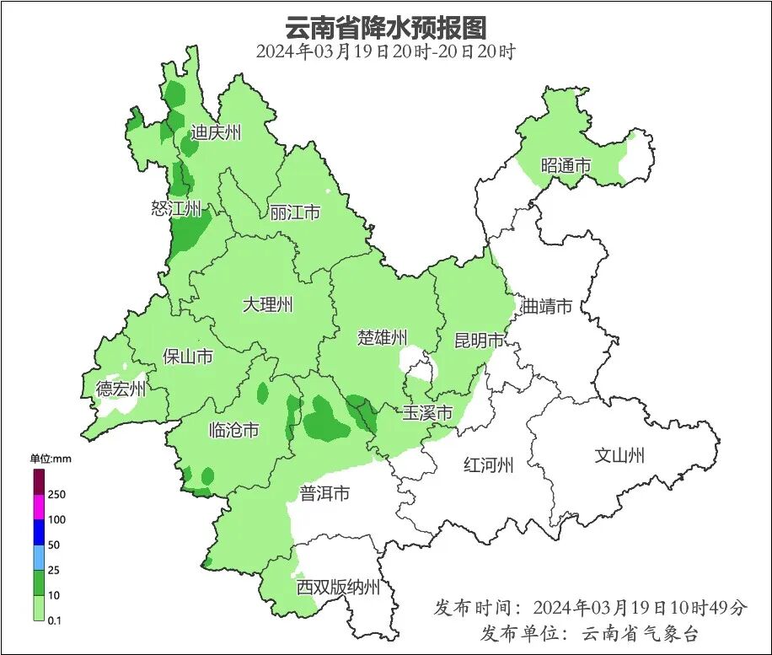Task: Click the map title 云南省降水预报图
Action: tap(386, 27)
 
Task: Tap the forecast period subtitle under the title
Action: tap(386, 51)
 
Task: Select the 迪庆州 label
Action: tap(216, 132)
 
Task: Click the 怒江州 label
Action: tap(176, 208)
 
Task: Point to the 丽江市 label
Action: tap(295, 212)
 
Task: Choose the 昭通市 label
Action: tap(566, 166)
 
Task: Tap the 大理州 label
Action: tap(267, 305)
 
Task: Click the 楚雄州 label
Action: tap(383, 338)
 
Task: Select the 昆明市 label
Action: tap(479, 341)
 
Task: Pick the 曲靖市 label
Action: tap(547, 306)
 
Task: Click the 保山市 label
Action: tap(187, 357)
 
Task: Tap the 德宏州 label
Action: tap(121, 389)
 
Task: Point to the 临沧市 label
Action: tap(233, 431)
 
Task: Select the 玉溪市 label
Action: tap(427, 413)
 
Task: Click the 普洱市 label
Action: tap(324, 493)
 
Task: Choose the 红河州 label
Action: tap(489, 464)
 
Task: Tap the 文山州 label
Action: tap(619, 456)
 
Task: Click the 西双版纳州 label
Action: tap(338, 588)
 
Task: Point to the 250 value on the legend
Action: tap(57, 494)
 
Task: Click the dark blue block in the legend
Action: tap(39, 532)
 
